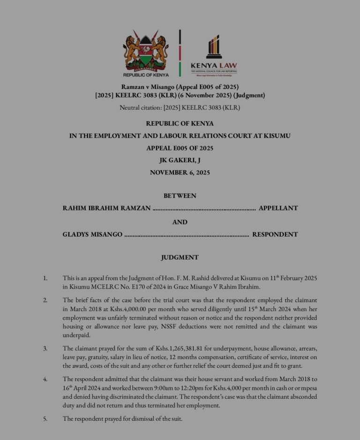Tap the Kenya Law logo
tap(214, 54)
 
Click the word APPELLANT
tap(278, 208)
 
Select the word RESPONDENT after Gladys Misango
tap(275, 234)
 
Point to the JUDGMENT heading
tap(180, 257)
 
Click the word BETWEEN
tap(180, 195)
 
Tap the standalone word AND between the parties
tap(180, 222)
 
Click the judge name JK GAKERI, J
tap(180, 160)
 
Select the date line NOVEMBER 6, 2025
tap(180, 172)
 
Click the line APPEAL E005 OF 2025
tap(180, 148)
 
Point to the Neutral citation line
tap(180, 108)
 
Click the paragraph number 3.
tap(45, 348)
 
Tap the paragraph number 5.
tap(45, 418)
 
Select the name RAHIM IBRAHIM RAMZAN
tap(106, 208)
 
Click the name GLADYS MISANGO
tap(93, 234)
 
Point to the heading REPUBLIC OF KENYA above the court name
tap(180, 124)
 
